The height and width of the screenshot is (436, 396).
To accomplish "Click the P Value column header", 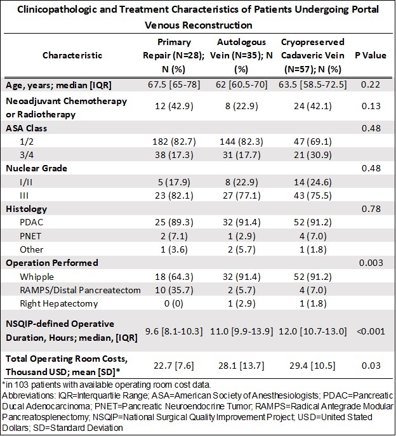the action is click(x=371, y=55).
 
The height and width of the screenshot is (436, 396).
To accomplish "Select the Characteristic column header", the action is click(x=72, y=55).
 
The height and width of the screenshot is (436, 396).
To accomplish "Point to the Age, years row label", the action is click(x=58, y=85).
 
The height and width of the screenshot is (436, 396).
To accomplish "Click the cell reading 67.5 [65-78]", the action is click(x=174, y=84).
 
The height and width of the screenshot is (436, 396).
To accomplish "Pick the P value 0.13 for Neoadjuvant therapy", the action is click(x=371, y=106).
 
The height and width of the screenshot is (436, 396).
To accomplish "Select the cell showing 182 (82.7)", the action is click(x=174, y=142).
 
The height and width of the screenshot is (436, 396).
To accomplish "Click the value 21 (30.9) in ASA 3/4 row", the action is click(x=313, y=155).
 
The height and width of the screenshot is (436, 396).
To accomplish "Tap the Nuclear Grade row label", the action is click(x=36, y=168).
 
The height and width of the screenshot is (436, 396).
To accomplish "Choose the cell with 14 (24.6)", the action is click(x=313, y=182).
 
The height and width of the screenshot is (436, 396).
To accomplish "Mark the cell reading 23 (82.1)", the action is click(x=174, y=195).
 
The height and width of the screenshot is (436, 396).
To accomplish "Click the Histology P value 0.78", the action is click(x=371, y=209).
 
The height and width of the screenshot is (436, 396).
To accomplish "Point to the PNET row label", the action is click(x=30, y=236).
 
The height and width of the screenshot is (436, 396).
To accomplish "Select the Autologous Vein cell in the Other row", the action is click(x=241, y=249).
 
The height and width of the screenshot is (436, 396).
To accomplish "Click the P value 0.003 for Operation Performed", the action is click(x=371, y=263).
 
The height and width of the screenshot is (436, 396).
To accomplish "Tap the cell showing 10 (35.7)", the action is click(x=174, y=290).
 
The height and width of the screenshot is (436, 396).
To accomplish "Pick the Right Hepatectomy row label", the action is click(x=58, y=303).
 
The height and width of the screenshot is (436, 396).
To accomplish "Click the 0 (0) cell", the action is click(x=174, y=303).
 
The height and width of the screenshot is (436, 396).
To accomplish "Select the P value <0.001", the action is click(x=371, y=331).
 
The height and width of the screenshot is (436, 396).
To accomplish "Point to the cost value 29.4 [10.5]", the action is click(x=313, y=366).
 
